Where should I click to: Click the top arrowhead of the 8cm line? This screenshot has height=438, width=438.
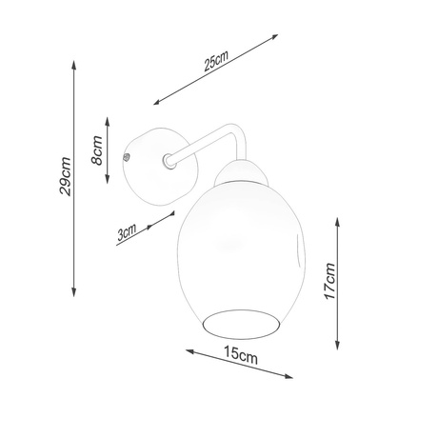pyautogui.click(x=109, y=116)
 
